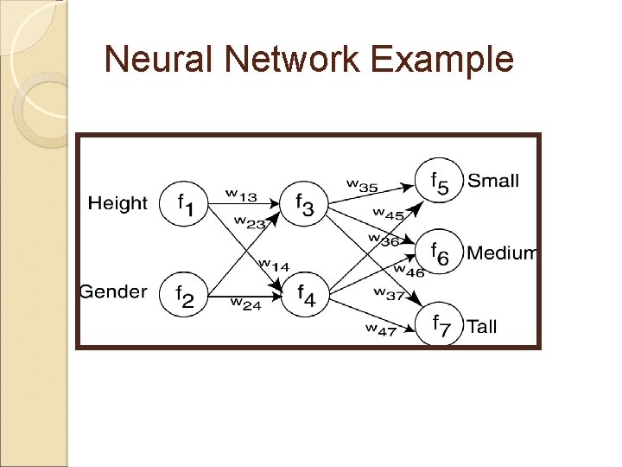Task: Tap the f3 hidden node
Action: tap(306, 205)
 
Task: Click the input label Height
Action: tap(118, 203)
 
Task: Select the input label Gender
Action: tap(113, 291)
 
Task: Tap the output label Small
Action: tap(492, 181)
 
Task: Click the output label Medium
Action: tap(501, 253)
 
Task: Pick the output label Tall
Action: tap(481, 326)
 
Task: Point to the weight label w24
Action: tap(246, 303)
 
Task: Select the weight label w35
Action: tap(363, 183)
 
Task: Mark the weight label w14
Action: tap(275, 264)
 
